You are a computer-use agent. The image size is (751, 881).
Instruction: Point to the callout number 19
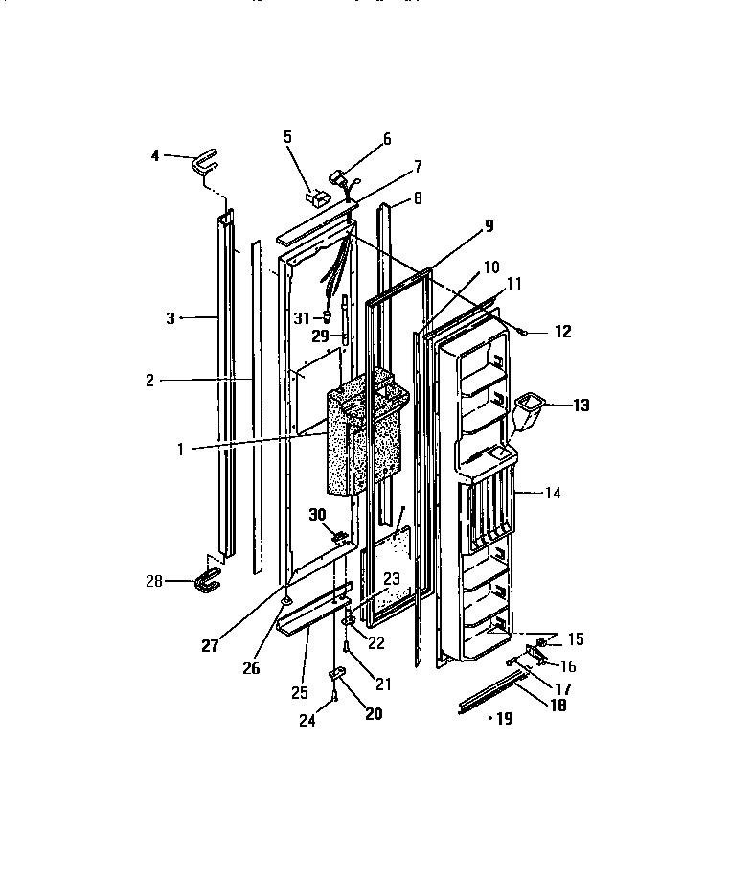[504, 718]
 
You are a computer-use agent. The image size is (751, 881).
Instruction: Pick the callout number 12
[562, 333]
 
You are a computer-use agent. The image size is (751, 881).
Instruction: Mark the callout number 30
[318, 515]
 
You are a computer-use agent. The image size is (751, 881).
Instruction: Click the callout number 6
[387, 139]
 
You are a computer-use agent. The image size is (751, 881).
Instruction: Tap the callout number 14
[552, 494]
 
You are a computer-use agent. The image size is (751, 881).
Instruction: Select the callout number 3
[171, 318]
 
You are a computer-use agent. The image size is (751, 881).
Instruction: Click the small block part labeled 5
[315, 197]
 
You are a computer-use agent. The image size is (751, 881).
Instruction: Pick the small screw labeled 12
[526, 331]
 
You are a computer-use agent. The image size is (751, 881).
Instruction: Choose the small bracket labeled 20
[337, 676]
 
